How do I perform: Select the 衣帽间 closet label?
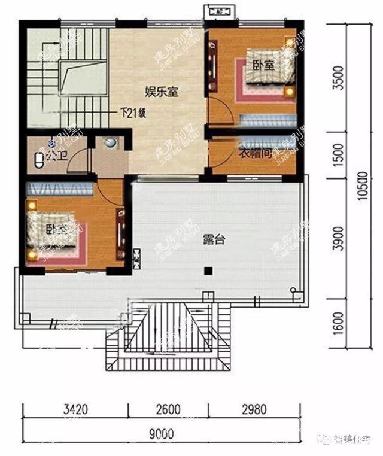pos(256,153)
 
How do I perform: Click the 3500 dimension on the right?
pos(341,78)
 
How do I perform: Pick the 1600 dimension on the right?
pos(341,324)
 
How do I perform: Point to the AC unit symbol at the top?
pos(218,11)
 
